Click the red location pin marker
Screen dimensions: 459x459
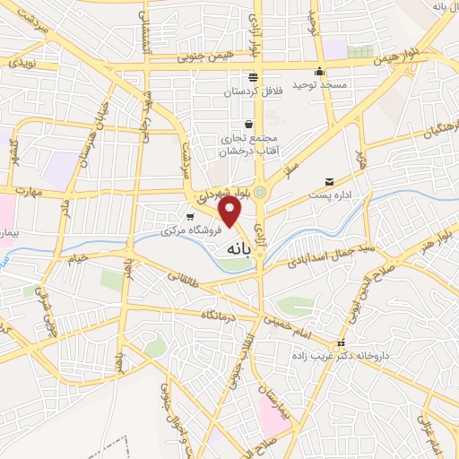tap(231, 212)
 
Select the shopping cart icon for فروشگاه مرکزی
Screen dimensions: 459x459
tap(189, 217)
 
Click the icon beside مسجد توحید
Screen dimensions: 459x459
tap(320, 73)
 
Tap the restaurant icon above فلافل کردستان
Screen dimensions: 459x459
tap(253, 77)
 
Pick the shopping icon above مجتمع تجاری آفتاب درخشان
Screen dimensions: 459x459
tap(248, 125)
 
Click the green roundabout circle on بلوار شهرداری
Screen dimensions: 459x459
tap(260, 191)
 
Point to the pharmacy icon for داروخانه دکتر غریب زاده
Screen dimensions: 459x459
tap(339, 344)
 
